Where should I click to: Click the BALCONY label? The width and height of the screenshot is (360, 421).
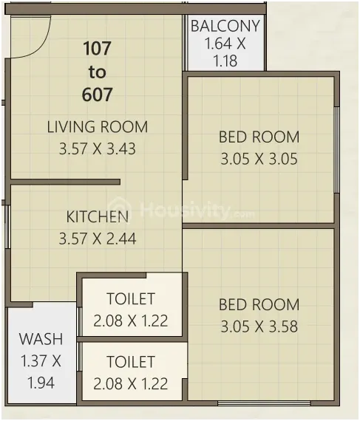tap(225, 26)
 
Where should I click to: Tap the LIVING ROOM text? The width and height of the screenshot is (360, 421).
tap(98, 127)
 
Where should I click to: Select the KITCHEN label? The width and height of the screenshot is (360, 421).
tap(98, 216)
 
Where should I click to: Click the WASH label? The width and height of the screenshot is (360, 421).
tap(41, 339)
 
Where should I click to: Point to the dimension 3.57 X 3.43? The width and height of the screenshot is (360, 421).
tap(98, 148)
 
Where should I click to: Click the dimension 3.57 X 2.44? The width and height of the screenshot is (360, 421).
tap(98, 239)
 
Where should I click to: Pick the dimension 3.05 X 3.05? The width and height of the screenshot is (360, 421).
tap(259, 159)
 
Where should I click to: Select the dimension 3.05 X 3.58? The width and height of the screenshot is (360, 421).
tap(259, 326)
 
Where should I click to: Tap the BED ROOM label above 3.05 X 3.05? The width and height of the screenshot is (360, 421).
tap(259, 137)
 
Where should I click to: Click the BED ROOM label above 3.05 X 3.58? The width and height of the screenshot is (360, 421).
tap(259, 305)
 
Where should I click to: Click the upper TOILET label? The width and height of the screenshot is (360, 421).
tap(131, 298)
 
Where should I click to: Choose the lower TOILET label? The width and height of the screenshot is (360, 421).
tap(131, 362)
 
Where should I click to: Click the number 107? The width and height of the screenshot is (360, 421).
tap(97, 48)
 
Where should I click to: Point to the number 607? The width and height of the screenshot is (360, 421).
tap(97, 95)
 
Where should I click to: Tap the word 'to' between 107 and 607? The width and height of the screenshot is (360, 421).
tap(97, 72)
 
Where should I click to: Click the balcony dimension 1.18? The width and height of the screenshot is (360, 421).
tap(225, 61)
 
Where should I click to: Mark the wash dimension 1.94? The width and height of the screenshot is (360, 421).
tap(41, 383)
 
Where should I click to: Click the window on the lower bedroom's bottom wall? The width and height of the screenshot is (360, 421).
tap(264, 403)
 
